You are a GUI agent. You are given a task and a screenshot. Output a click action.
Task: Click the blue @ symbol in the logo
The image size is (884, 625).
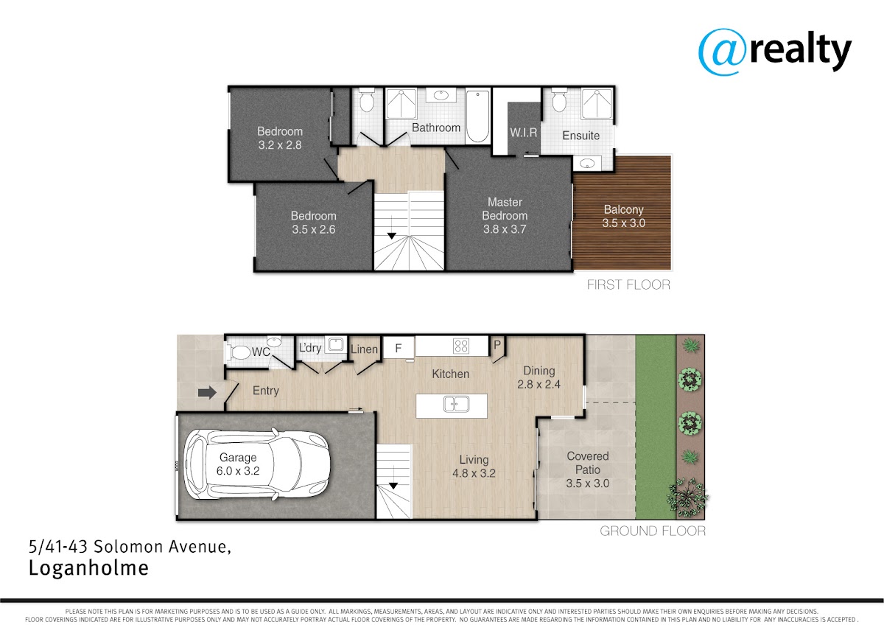coord(722,52)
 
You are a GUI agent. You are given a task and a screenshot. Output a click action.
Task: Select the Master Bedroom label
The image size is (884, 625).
coord(505,215)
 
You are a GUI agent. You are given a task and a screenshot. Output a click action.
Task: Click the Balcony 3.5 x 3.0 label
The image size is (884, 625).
coord(623,216)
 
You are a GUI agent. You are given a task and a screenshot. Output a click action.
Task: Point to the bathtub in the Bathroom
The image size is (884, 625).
coord(477,116)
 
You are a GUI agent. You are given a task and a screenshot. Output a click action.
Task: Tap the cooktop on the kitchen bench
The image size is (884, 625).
coord(461,346)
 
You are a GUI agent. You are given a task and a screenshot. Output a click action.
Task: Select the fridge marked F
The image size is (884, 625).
coord(399,347)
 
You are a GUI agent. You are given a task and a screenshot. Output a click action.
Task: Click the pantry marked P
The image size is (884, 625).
coord(497,345)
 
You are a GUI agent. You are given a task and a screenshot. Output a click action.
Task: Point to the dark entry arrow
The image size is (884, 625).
coord(207,392)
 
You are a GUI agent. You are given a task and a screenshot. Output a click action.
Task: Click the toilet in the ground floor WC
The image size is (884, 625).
coord(239,352)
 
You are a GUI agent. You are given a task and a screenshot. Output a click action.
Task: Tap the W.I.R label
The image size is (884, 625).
coord(523,133)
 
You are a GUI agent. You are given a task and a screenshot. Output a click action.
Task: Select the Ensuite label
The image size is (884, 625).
coord(581,136)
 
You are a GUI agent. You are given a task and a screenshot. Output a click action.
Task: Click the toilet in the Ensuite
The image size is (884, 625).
coord(558,102)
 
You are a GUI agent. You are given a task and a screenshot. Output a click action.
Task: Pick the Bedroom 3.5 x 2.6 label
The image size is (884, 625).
coord(314,223)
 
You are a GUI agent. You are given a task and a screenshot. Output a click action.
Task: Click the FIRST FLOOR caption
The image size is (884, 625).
coord(628,284)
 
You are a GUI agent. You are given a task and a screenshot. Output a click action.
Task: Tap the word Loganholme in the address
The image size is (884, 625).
coord(89,568)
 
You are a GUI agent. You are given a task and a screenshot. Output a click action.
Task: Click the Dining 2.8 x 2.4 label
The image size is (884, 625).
coord(539,377)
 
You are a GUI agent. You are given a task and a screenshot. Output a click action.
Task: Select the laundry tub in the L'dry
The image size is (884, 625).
coord(335,344)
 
